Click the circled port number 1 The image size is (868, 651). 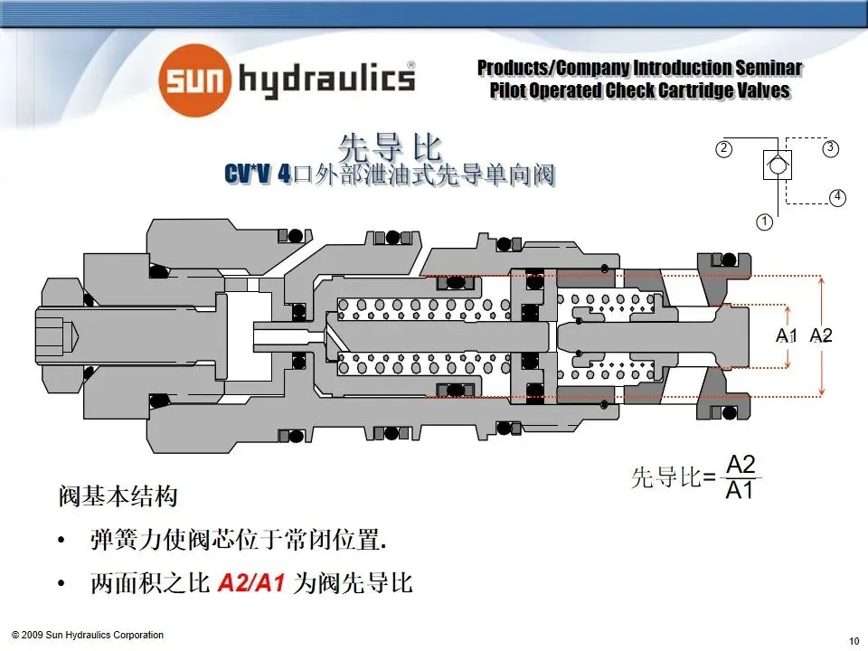764,221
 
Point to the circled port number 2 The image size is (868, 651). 723,148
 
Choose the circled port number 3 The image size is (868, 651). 829,147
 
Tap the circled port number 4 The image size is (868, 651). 837,196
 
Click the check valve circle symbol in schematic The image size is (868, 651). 776,165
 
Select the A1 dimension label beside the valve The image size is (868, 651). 788,335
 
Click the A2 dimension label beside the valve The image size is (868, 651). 820,335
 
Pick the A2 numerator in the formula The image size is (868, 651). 741,465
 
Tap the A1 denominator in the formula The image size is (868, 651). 741,491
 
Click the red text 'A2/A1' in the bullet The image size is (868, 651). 252,584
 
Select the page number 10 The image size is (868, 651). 854,641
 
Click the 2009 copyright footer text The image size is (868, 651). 88,635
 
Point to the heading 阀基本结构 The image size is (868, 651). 118,497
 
